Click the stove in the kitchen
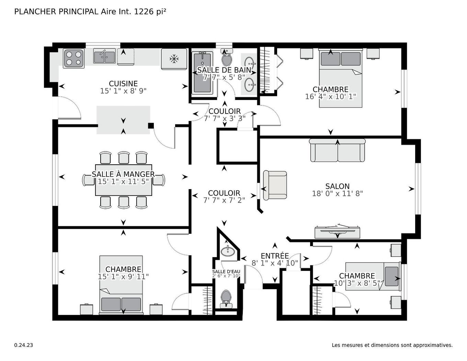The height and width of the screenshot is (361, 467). [x=73, y=58]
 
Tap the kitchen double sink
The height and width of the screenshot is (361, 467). [x=105, y=57]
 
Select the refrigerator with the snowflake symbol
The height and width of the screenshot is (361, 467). [x=174, y=59]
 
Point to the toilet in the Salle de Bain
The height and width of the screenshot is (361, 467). [x=227, y=58]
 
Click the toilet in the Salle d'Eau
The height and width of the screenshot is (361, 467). [x=226, y=298]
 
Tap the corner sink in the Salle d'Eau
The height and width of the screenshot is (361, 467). [x=227, y=251]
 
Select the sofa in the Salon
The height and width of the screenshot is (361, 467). [x=337, y=151]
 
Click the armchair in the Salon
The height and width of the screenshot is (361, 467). [x=275, y=185]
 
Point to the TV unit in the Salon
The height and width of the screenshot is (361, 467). [x=337, y=232]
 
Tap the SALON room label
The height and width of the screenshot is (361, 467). [x=337, y=186]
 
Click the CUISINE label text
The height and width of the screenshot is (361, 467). [x=123, y=84]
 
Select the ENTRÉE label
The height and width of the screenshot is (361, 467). [x=275, y=256]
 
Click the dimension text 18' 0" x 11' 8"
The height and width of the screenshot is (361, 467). [x=337, y=194]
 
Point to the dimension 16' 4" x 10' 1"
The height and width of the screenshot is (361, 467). [x=330, y=97]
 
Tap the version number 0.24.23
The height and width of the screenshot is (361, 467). [x=24, y=345]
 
